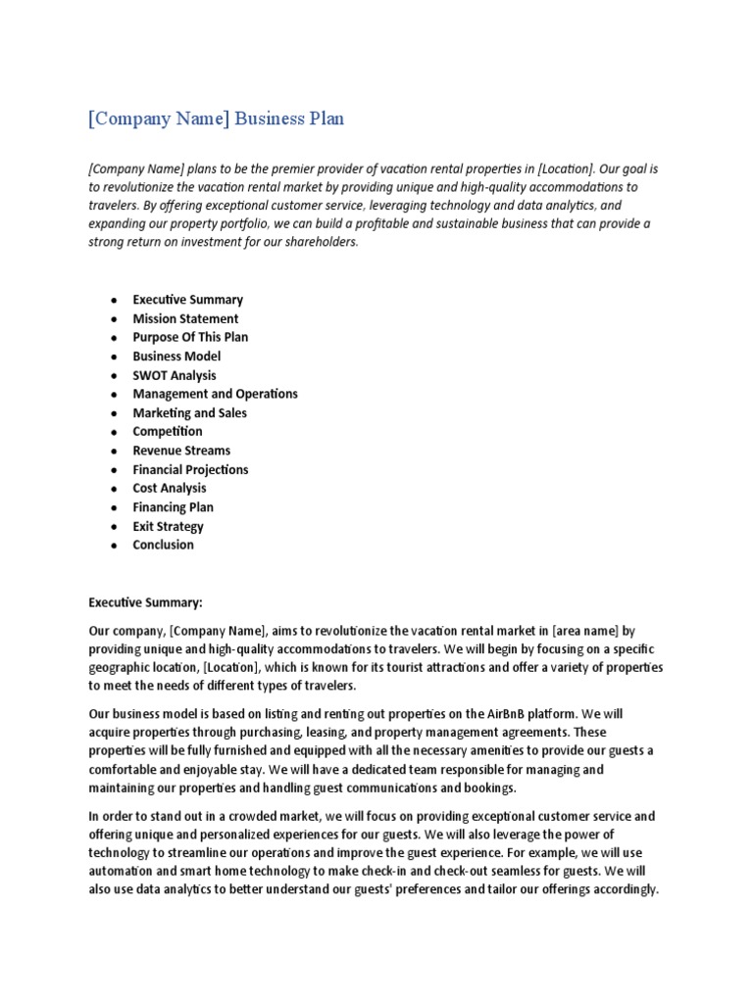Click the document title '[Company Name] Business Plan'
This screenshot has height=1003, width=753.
tap(216, 119)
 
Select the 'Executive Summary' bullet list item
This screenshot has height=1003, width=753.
tap(187, 300)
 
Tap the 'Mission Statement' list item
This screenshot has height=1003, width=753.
tap(185, 318)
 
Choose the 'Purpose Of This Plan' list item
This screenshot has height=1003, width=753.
tap(190, 337)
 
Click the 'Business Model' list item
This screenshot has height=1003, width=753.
tap(176, 357)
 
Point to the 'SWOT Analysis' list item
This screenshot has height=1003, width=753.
tap(175, 375)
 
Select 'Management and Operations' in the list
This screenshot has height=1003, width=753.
tap(215, 394)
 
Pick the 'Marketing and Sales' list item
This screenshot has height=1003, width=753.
tap(189, 412)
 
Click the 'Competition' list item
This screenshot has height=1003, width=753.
tap(168, 431)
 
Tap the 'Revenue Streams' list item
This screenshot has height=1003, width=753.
tap(181, 451)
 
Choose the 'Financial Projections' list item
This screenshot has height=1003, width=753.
tap(190, 469)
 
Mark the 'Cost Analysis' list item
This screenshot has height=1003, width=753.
tap(170, 488)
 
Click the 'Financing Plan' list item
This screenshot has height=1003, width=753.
tap(173, 507)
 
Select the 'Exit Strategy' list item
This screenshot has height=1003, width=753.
tap(168, 526)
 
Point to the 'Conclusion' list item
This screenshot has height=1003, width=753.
tap(163, 545)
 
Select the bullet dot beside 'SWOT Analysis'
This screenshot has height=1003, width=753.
tap(115, 376)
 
